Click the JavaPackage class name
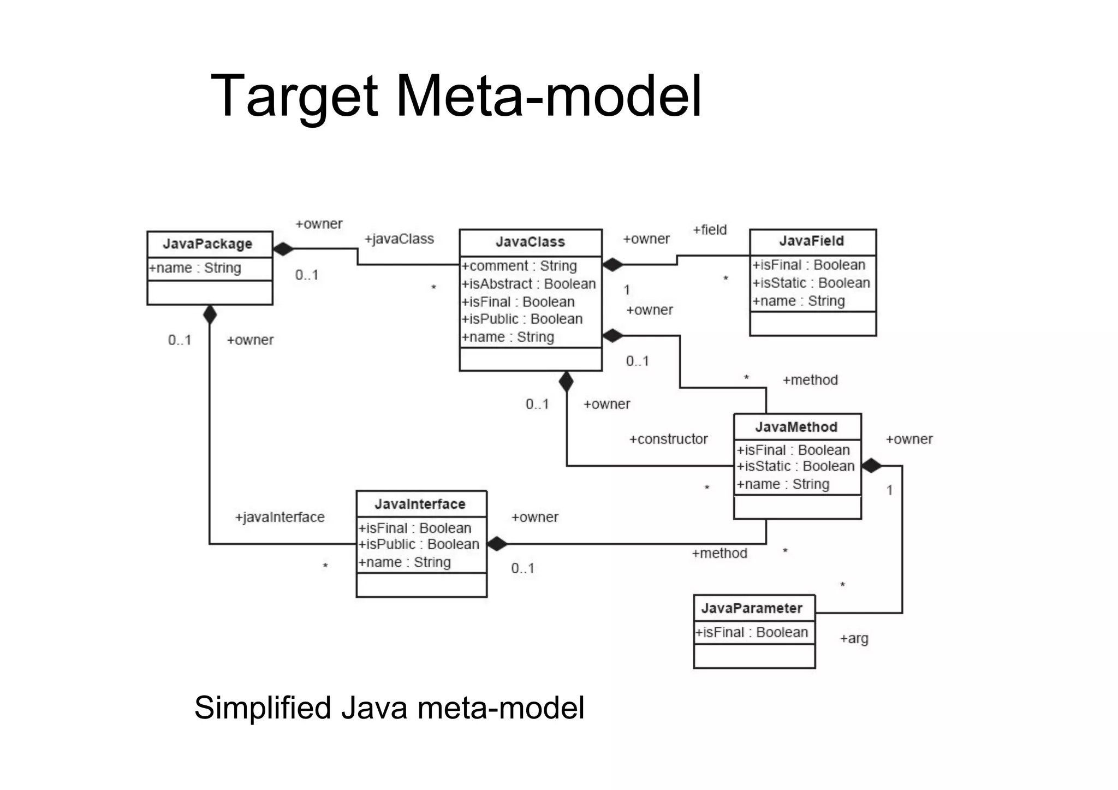[207, 244]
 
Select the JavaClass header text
[530, 242]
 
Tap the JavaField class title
[811, 241]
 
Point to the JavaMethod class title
[796, 427]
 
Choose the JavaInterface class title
[420, 504]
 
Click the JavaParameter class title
[752, 608]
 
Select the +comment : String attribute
[519, 266]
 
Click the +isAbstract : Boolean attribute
[528, 284]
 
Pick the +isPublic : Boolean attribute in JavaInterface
[419, 544]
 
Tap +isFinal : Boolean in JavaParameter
[752, 632]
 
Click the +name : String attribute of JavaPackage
[195, 268]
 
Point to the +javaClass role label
[399, 239]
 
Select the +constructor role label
[668, 439]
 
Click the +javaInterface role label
[279, 517]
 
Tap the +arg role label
[854, 638]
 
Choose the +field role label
[710, 230]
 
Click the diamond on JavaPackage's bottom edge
[210, 314]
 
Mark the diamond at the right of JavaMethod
[871, 466]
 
